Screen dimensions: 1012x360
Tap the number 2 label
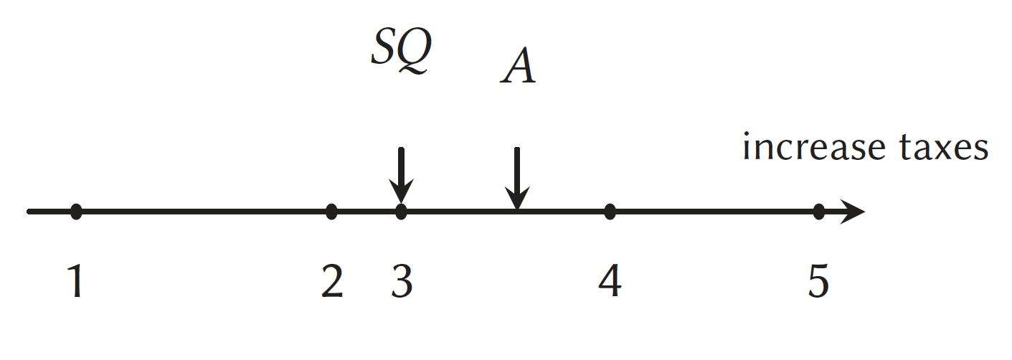click(x=332, y=281)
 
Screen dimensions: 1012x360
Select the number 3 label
click(x=402, y=281)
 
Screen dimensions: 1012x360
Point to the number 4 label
click(x=610, y=281)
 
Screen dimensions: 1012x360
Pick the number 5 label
click(x=818, y=281)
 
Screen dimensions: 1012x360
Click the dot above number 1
click(x=76, y=212)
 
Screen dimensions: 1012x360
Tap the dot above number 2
click(x=331, y=212)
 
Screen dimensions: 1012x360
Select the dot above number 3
click(x=401, y=212)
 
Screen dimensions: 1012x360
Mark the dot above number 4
click(x=610, y=212)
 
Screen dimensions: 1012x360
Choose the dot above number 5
click(x=818, y=212)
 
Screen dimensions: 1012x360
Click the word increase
click(x=814, y=147)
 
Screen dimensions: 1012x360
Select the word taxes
click(x=945, y=147)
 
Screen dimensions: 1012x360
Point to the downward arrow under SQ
click(x=401, y=175)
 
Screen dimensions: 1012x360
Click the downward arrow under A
click(x=517, y=179)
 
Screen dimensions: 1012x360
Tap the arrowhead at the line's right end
click(x=864, y=212)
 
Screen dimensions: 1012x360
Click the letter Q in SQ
click(x=415, y=51)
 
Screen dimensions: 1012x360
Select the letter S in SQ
click(x=383, y=46)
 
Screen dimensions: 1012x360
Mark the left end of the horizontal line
click(x=28, y=212)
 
